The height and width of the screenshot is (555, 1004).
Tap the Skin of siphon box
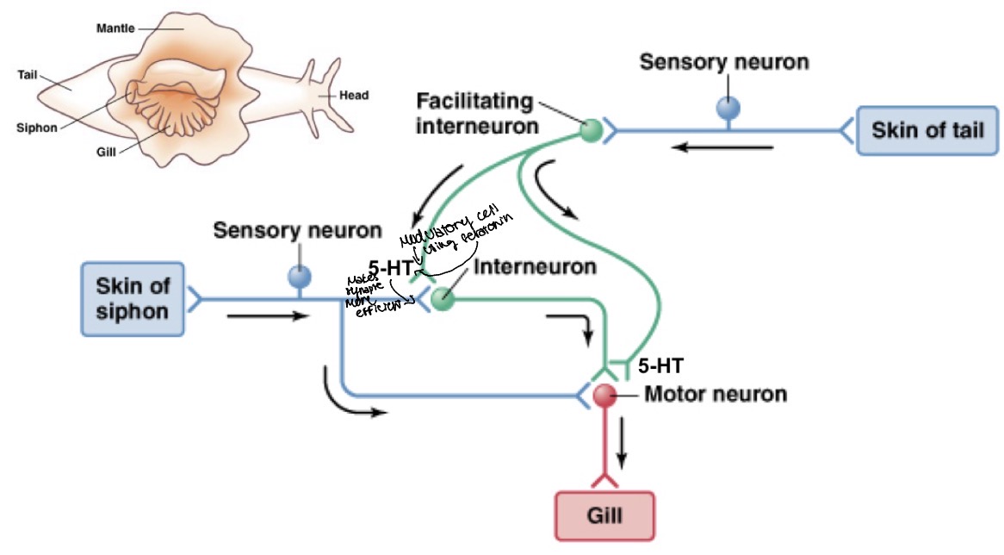click(133, 298)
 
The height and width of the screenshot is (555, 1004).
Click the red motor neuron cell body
click(605, 396)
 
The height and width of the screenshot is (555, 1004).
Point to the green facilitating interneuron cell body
click(590, 131)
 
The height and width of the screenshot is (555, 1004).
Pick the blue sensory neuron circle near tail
click(728, 107)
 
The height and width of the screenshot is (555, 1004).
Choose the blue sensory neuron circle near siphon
click(300, 276)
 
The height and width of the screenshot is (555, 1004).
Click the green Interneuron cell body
click(442, 300)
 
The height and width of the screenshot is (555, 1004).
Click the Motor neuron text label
click(716, 395)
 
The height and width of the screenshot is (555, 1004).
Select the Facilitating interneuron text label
click(474, 113)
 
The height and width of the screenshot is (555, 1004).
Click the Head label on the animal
click(354, 96)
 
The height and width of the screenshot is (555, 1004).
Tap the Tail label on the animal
click(27, 74)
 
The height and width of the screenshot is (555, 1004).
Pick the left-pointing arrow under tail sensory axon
click(722, 147)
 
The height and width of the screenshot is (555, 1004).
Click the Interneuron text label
click(535, 267)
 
